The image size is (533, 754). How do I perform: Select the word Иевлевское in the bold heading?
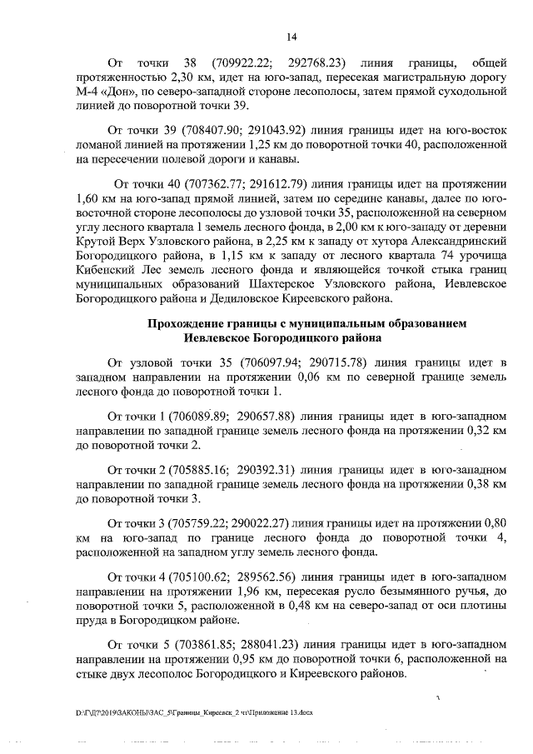click(x=227, y=338)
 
